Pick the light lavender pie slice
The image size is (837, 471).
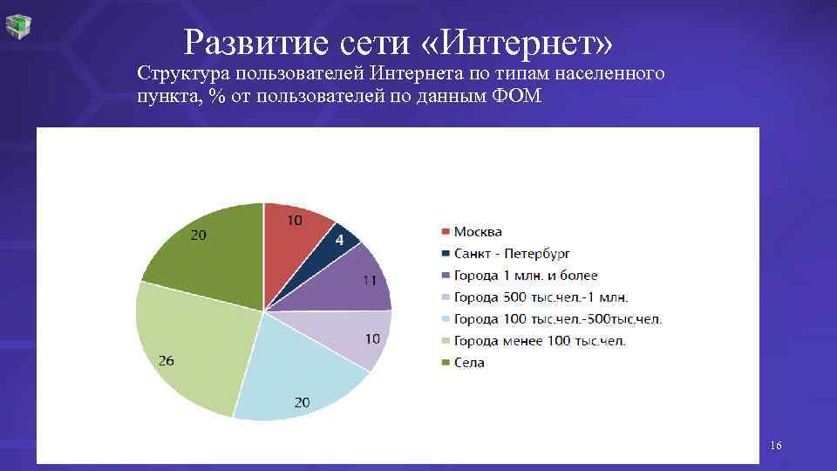click(x=352, y=335)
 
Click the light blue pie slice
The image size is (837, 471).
click(x=296, y=375)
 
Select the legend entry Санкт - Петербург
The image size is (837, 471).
click(x=511, y=253)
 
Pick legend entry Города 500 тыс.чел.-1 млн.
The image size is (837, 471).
click(x=541, y=297)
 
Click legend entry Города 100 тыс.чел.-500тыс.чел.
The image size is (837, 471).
click(x=557, y=318)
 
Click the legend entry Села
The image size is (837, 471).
click(x=468, y=362)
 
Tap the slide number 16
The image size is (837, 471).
click(x=775, y=447)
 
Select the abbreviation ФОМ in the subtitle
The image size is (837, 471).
click(x=516, y=96)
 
